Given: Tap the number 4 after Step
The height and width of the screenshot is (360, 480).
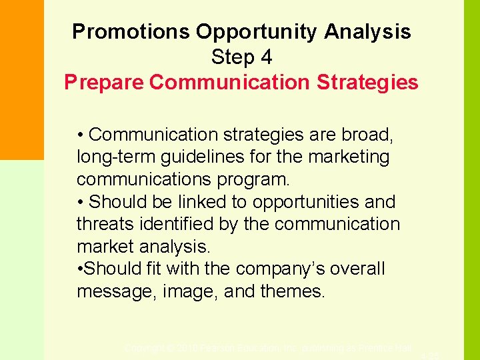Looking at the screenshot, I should click(x=267, y=57).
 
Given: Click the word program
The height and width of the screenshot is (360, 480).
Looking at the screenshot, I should click(x=254, y=180).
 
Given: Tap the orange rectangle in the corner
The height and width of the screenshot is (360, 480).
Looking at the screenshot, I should click(x=21, y=80).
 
